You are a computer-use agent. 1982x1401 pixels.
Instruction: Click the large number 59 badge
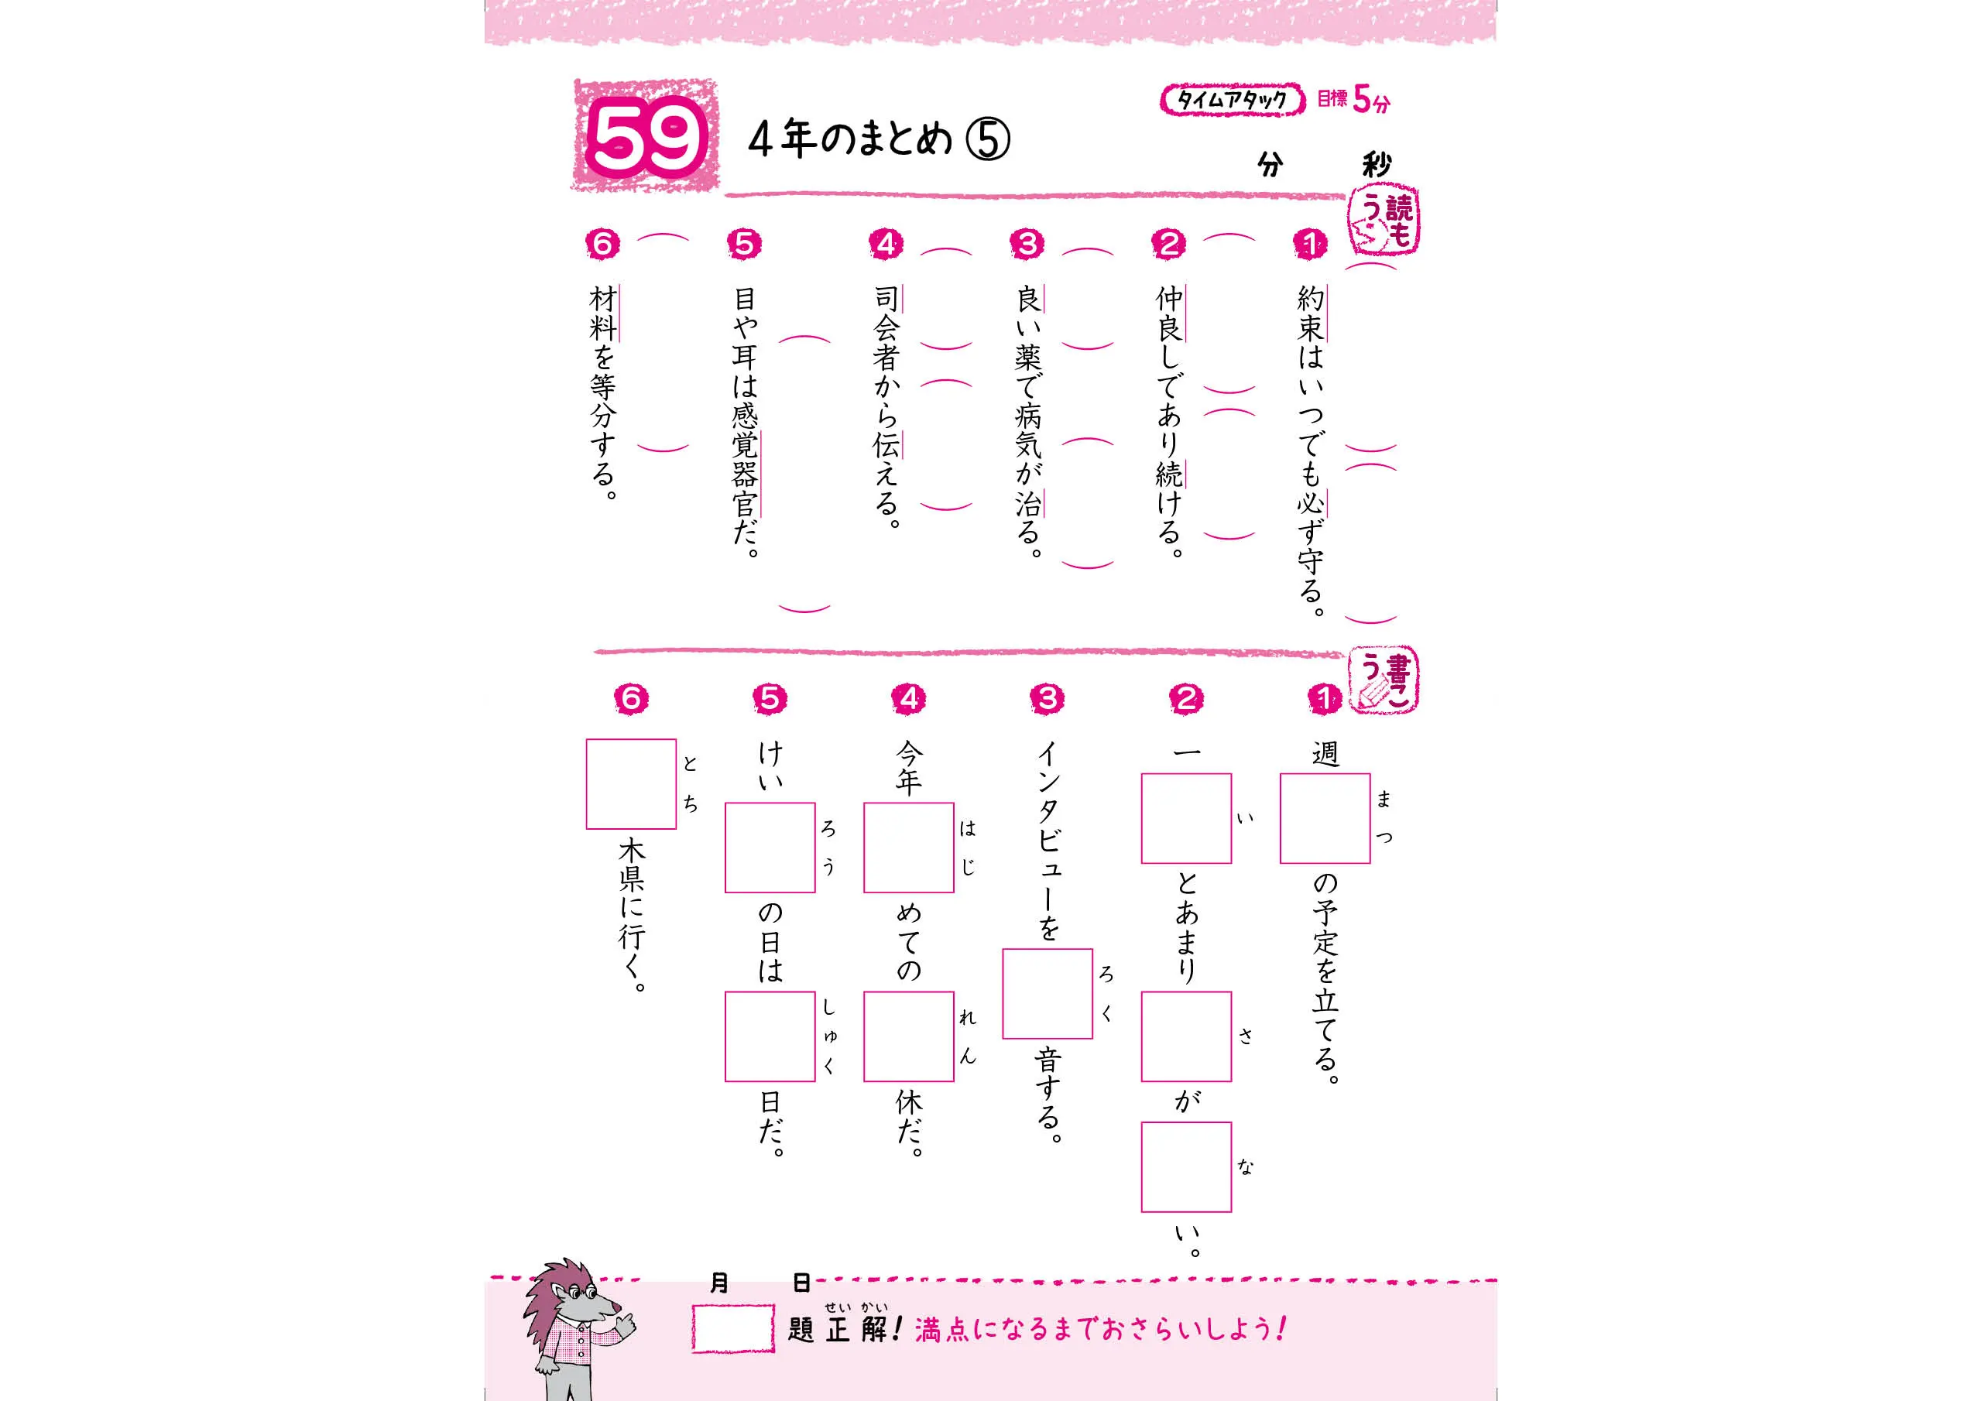pyautogui.click(x=645, y=136)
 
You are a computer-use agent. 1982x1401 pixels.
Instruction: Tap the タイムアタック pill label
pyautogui.click(x=1232, y=100)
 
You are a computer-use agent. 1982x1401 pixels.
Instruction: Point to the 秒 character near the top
pyautogui.click(x=1375, y=164)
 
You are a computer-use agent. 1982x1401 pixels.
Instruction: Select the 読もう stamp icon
pyautogui.click(x=1384, y=224)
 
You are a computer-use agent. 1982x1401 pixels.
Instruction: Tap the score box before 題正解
pyautogui.click(x=732, y=1327)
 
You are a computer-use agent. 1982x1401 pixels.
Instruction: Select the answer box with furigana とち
pyautogui.click(x=631, y=784)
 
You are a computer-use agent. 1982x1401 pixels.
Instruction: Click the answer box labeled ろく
pyautogui.click(x=1047, y=994)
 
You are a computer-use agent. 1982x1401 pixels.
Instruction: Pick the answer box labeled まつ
pyautogui.click(x=1325, y=818)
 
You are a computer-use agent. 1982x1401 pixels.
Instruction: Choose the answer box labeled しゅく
pyautogui.click(x=770, y=1036)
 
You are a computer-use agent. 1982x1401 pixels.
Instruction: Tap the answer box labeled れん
pyautogui.click(x=909, y=1036)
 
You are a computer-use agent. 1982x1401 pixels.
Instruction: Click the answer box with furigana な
pyautogui.click(x=1186, y=1167)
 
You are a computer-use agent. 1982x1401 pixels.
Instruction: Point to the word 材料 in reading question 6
pyautogui.click(x=602, y=314)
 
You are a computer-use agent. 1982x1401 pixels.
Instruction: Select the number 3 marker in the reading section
pyautogui.click(x=1027, y=245)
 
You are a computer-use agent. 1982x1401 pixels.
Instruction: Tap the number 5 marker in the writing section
pyautogui.click(x=770, y=698)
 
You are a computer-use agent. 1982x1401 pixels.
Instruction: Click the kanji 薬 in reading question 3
pyautogui.click(x=1027, y=358)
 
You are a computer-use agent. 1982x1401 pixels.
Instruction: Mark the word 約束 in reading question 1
pyautogui.click(x=1311, y=314)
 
